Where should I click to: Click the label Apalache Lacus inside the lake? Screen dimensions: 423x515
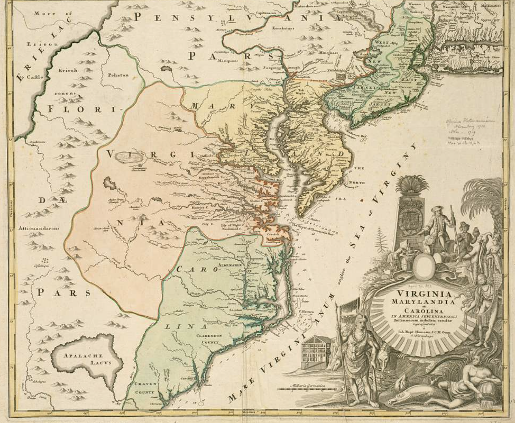(x=83, y=359)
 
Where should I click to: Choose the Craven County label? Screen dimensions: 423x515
(x=145, y=388)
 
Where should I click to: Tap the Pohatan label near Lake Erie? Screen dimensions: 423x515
(x=118, y=75)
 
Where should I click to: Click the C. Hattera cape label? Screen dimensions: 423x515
(x=306, y=311)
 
